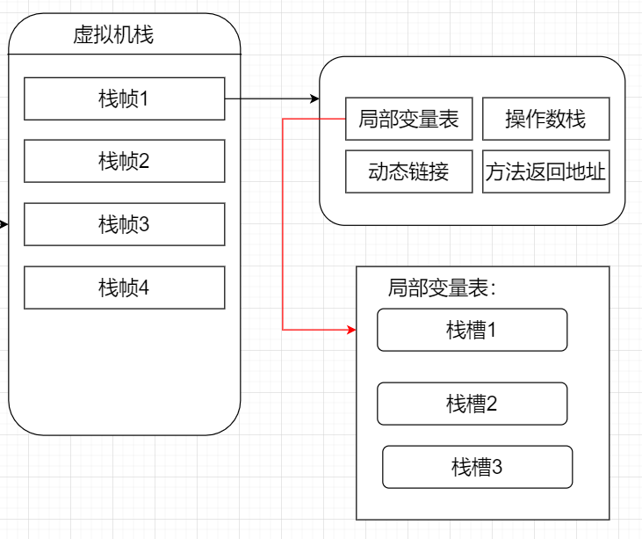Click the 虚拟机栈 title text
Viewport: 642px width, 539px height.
tap(114, 36)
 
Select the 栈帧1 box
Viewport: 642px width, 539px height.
tap(124, 98)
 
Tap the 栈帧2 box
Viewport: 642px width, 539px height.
tap(124, 161)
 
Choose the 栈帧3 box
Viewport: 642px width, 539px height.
tap(124, 224)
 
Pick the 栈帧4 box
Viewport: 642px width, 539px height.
tap(124, 288)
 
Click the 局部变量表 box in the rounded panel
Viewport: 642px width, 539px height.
tap(408, 120)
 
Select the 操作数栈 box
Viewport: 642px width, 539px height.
tap(545, 120)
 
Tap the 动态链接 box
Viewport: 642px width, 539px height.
tap(408, 171)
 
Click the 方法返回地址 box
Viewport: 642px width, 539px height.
tap(545, 171)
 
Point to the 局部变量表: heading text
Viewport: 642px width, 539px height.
tap(442, 288)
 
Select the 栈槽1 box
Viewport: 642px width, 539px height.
tap(472, 330)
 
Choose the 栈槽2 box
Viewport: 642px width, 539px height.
tap(472, 404)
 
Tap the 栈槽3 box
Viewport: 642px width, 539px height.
tap(477, 467)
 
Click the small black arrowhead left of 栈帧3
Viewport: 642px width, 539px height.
tap(4, 224)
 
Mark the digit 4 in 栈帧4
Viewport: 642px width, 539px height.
tap(144, 288)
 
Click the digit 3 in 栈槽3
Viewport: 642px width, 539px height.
tap(497, 467)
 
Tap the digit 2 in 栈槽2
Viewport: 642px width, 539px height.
tap(492, 404)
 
